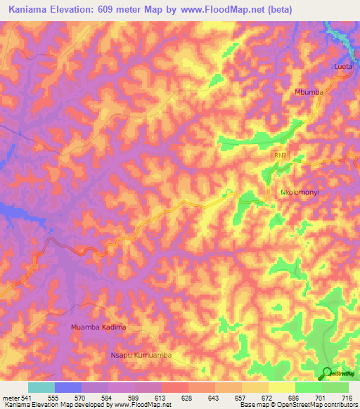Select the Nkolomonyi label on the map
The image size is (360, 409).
coord(301,191)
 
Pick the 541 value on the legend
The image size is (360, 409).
coord(28,398)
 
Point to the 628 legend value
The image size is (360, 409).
coord(173,398)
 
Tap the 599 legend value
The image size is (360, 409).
coord(125,398)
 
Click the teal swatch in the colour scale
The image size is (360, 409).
coord(41,387)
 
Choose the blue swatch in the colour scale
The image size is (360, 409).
coord(67,387)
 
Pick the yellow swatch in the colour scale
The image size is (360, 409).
coord(282,387)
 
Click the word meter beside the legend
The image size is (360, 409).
coord(10,398)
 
